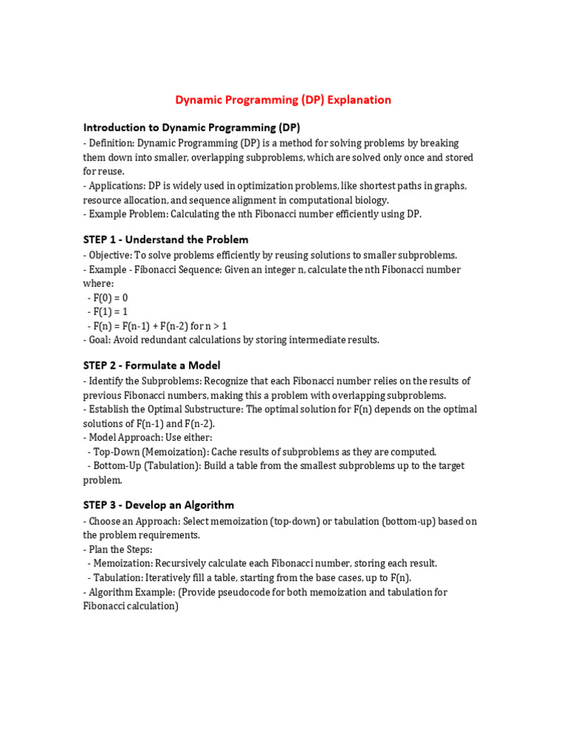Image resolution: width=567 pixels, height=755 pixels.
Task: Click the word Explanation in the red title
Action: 360,100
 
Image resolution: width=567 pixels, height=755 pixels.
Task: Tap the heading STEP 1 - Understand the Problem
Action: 165,240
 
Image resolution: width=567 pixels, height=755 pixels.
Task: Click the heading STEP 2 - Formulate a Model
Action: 151,365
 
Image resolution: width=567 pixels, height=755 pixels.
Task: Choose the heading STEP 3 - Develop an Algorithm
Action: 158,505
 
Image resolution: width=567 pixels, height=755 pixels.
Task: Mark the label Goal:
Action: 100,340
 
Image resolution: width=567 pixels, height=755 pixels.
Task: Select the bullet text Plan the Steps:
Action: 120,549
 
